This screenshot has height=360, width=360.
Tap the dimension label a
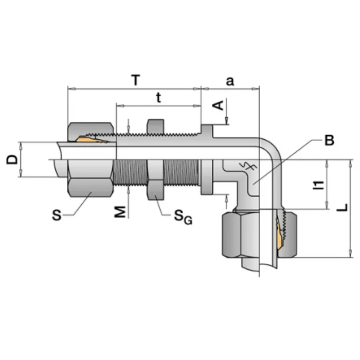click(x=230, y=80)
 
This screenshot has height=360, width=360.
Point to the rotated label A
click(x=218, y=105)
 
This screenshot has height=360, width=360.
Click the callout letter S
click(x=57, y=214)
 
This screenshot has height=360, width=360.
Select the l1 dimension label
click(x=319, y=185)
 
